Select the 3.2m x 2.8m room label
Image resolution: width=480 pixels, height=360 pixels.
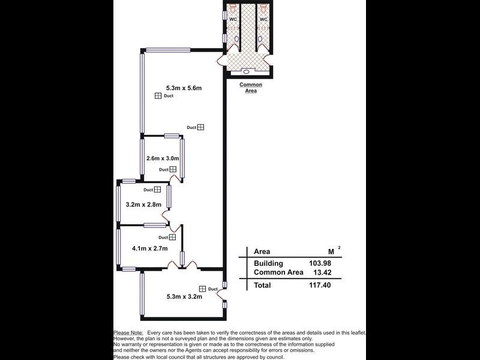(x=145, y=205)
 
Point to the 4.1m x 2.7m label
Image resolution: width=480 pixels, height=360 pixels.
(x=149, y=248)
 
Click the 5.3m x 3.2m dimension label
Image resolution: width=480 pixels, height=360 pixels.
(x=184, y=296)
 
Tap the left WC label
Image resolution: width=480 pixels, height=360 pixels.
(x=233, y=20)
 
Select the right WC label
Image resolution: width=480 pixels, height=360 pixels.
(x=263, y=20)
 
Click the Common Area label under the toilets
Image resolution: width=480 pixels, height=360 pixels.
(x=251, y=88)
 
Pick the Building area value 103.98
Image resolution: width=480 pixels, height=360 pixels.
(x=318, y=263)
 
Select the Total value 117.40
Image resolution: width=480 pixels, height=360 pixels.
(x=318, y=286)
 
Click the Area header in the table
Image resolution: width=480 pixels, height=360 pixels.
(x=262, y=251)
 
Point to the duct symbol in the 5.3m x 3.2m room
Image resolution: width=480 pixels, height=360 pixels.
(x=202, y=289)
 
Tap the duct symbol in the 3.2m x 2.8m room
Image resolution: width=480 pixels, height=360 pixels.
(x=157, y=190)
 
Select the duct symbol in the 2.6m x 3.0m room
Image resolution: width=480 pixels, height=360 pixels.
(x=172, y=170)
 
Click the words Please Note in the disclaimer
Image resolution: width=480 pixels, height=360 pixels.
(x=128, y=332)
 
